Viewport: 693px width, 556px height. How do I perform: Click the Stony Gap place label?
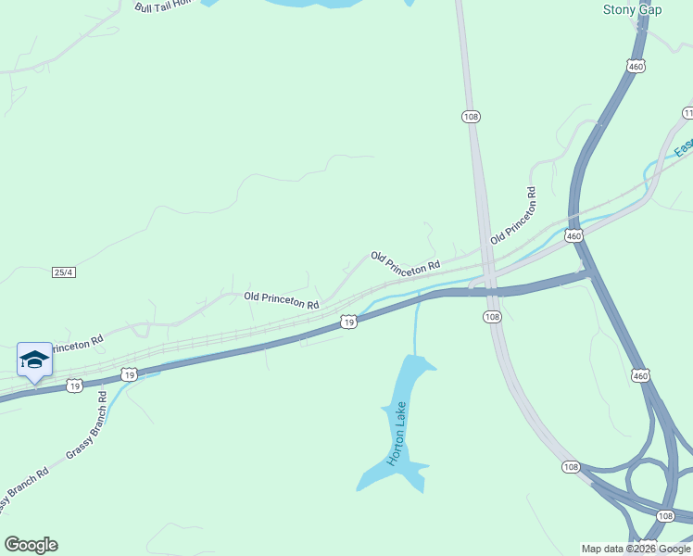pos(634,10)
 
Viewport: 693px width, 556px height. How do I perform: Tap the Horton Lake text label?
pos(397,439)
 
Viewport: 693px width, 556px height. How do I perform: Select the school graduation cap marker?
pos(34,360)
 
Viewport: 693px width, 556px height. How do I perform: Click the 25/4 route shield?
pos(63,272)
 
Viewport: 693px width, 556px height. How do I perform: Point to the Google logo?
pos(31,545)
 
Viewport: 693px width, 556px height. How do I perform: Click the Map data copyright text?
pos(636,549)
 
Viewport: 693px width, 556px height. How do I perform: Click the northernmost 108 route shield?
pos(471,116)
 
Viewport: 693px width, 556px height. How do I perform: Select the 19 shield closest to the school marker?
pos(129,374)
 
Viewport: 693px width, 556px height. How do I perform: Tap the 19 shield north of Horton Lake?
pos(347,322)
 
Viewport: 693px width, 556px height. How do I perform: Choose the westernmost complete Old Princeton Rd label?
pos(282,299)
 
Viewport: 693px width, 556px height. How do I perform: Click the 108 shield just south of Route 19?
pos(492,317)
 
